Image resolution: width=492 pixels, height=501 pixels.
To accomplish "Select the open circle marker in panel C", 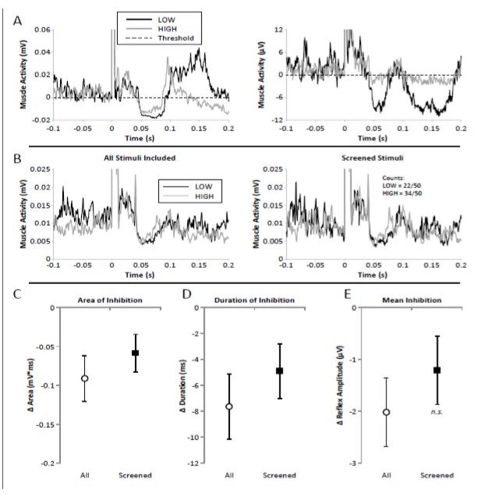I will [x=85, y=378].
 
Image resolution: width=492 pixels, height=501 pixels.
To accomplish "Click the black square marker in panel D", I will [x=280, y=371].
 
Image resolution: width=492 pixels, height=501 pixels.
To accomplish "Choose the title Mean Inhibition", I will [x=409, y=300].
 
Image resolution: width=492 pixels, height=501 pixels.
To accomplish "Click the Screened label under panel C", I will [x=134, y=475].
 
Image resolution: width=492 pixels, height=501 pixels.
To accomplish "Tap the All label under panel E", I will [x=387, y=475].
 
